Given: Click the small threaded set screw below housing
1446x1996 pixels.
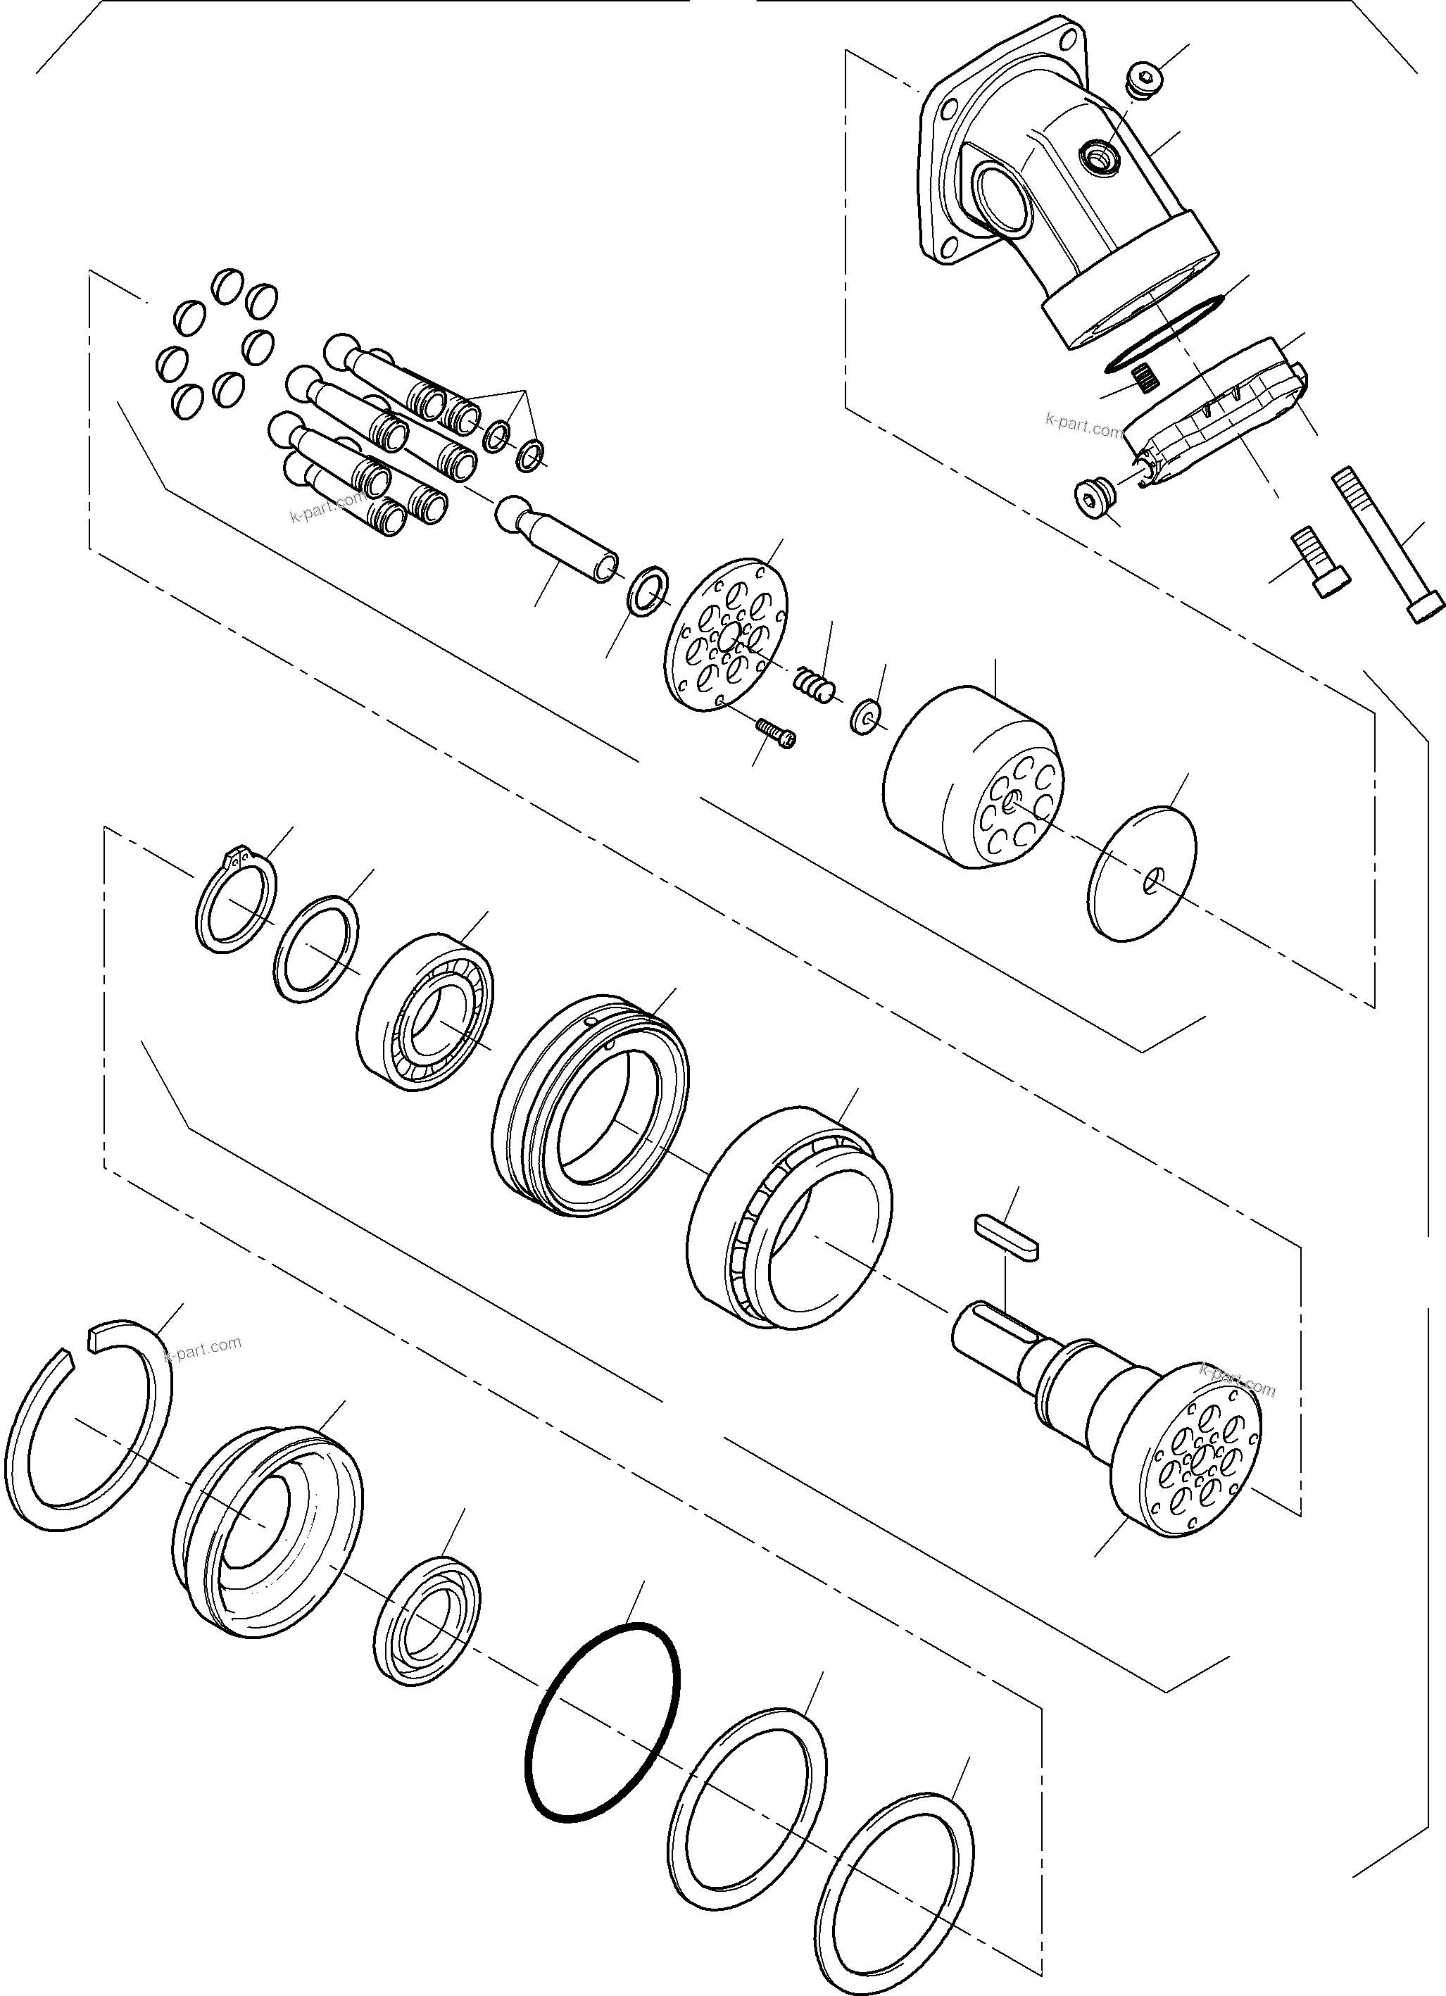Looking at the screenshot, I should (1144, 376).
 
